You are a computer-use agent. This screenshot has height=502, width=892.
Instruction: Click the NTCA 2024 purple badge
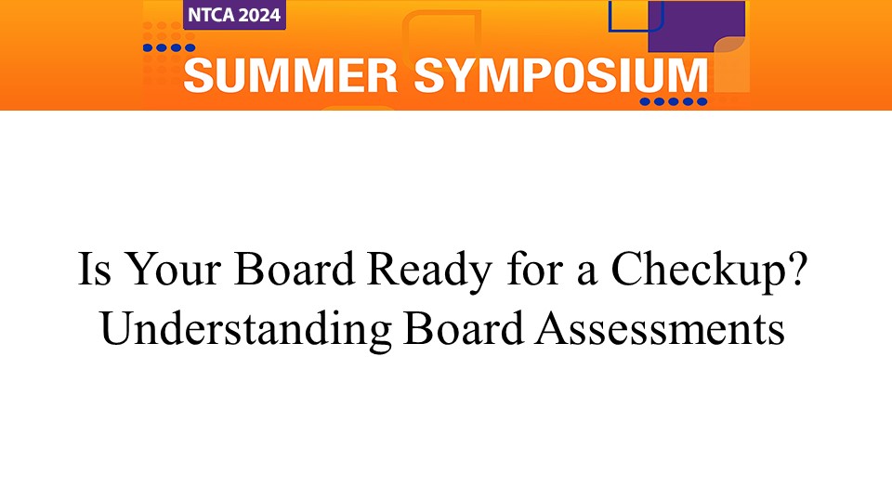coord(234,15)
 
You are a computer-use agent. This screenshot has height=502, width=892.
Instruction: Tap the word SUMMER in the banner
coord(290,75)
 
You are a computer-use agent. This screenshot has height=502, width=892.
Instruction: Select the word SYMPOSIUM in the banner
coord(560,75)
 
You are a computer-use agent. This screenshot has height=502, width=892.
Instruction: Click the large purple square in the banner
coord(697,26)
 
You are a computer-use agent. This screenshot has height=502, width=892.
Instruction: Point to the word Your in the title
coord(173,269)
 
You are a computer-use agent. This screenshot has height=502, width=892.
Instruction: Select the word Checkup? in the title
coord(709,271)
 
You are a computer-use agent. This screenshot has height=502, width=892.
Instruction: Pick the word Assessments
coord(661,329)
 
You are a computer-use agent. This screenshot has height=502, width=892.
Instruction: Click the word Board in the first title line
coord(295,269)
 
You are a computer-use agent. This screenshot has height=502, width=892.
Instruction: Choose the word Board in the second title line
coord(463,328)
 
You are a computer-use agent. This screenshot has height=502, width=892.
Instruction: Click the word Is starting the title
coord(95,269)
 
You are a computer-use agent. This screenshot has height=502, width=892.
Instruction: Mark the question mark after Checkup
coord(798,268)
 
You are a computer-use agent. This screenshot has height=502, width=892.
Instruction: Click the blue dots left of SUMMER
coord(169,47)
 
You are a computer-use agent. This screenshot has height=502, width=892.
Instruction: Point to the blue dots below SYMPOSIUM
coord(674,102)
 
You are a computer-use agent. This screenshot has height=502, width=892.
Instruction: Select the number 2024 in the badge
coord(259,15)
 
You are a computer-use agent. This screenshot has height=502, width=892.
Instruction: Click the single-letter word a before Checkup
coord(587,273)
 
